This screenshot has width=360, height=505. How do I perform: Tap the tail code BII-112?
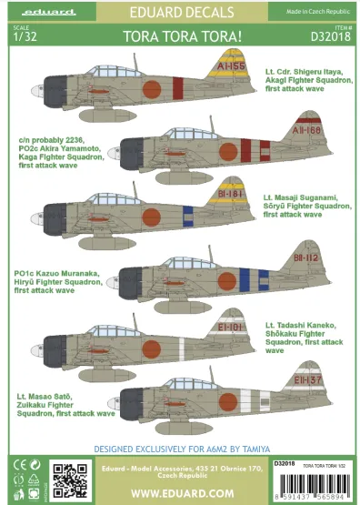[x=279, y=258]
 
